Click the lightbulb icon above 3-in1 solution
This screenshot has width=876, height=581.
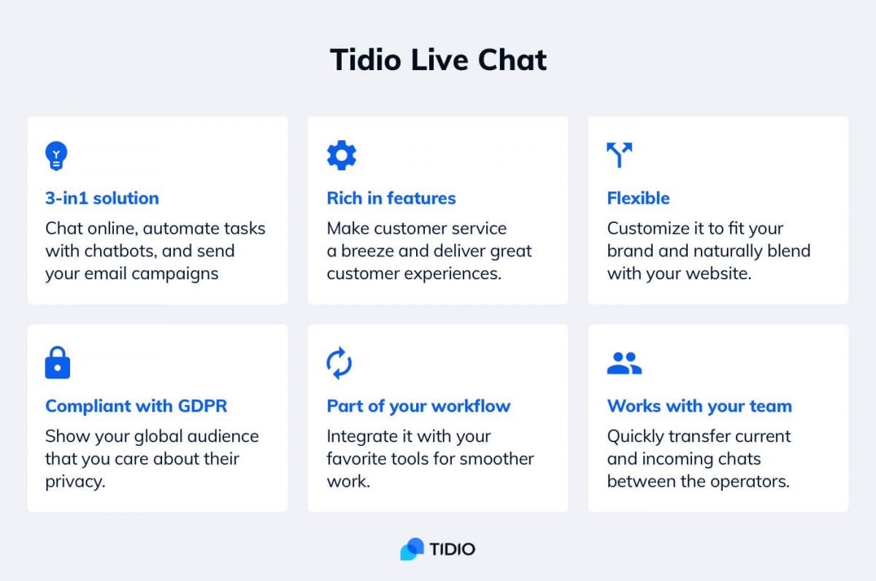pos(56,156)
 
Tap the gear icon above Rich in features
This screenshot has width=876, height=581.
pos(342,155)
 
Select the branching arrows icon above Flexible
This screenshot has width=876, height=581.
pos(620,155)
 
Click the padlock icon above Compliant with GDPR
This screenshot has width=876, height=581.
pos(58,362)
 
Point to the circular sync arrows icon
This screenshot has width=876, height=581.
pos(339,363)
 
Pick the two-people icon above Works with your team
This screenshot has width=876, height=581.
pos(624,363)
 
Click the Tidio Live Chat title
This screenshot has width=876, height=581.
pos(438,60)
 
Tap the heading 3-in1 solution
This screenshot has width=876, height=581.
pos(102,198)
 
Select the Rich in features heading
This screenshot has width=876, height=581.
pos(391,198)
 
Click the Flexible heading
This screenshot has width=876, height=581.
pos(638,198)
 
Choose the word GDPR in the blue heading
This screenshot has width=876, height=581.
pos(202,406)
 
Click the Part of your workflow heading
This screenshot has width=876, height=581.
pos(418,406)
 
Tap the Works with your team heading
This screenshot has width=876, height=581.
pos(699,406)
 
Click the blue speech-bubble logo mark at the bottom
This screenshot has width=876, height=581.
pos(412,549)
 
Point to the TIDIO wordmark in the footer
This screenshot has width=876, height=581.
pos(453,550)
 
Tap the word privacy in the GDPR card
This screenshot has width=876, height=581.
pos(75,482)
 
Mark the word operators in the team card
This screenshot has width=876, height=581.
pos(750,482)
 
